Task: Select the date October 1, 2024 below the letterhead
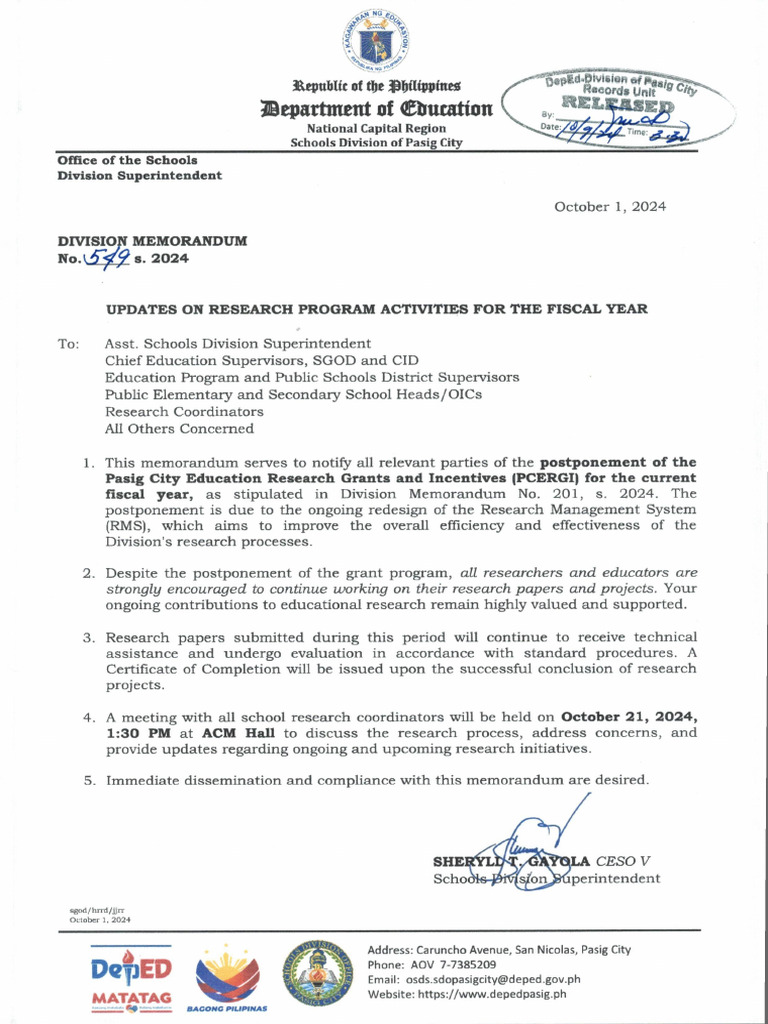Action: click(610, 207)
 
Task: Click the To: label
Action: click(68, 344)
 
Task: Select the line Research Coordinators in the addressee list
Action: click(184, 412)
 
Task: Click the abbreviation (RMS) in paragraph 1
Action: click(128, 526)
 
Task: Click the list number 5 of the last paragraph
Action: click(88, 780)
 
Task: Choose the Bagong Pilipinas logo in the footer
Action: click(228, 977)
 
